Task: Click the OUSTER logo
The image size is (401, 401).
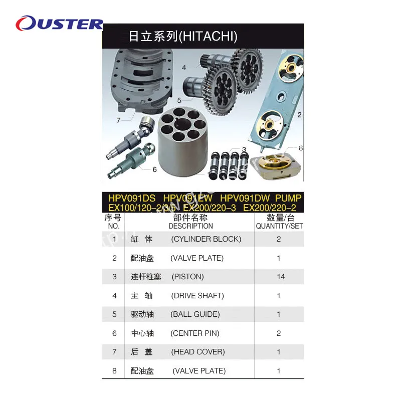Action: click(x=59, y=24)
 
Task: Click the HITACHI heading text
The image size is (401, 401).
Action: click(x=183, y=36)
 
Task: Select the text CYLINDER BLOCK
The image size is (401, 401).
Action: click(x=206, y=239)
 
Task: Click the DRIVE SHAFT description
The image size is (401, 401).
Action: click(x=197, y=296)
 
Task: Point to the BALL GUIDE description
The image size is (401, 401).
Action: click(x=195, y=314)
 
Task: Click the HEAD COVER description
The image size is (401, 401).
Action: click(x=197, y=352)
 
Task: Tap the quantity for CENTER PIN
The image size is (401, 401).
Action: click(x=279, y=333)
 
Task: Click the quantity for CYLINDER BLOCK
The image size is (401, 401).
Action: click(x=279, y=239)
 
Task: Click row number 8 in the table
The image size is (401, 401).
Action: click(x=114, y=371)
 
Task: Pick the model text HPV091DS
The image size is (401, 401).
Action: click(x=129, y=198)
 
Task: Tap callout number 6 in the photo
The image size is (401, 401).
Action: click(x=155, y=169)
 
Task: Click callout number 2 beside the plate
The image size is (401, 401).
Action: click(x=299, y=115)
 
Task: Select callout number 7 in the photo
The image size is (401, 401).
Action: click(x=118, y=120)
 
